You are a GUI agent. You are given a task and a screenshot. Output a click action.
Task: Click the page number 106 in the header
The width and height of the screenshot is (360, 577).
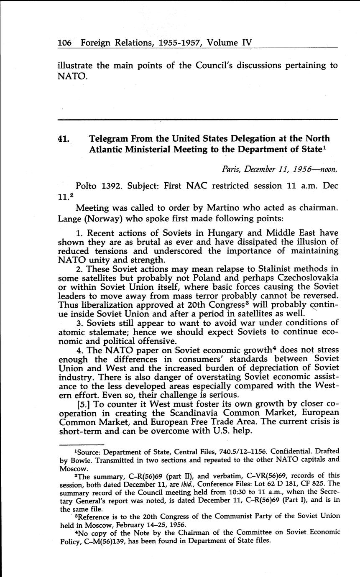pos(65,43)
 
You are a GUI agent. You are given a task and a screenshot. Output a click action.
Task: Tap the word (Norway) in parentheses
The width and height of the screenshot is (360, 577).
pos(109,218)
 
